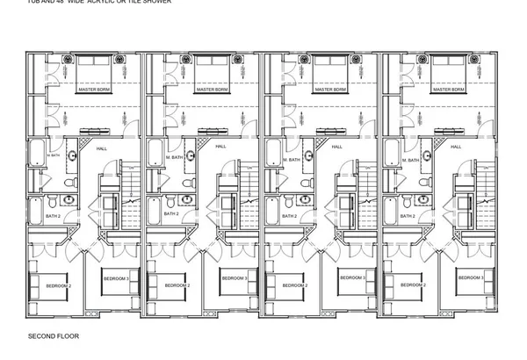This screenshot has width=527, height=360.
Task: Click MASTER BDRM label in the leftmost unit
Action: tap(94, 90)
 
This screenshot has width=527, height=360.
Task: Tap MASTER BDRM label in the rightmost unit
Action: tap(449, 90)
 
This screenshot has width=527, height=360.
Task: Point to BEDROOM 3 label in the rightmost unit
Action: tap(471, 278)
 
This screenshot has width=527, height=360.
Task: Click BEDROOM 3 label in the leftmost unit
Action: tap(116, 278)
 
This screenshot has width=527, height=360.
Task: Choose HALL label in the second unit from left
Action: tap(220, 148)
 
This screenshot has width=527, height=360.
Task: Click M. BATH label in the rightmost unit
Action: tap(409, 160)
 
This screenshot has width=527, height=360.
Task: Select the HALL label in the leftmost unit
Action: tap(102, 148)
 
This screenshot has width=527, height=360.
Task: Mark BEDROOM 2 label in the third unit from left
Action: tap(293, 285)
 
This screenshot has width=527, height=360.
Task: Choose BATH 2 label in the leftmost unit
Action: tap(54, 216)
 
